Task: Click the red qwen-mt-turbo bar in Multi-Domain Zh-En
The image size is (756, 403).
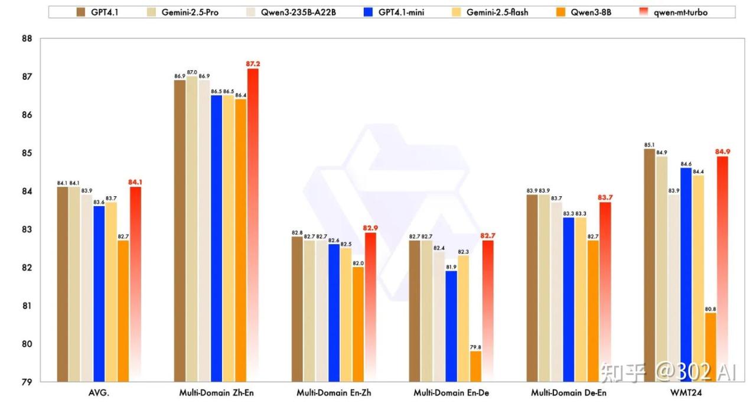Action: (253, 225)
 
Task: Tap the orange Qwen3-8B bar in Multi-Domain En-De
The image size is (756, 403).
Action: (475, 366)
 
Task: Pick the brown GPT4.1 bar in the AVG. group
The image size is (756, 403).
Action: (62, 284)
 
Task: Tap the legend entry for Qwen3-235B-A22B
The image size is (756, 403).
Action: (294, 12)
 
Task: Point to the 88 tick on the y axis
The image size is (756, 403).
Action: (26, 39)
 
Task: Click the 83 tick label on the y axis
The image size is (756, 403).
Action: (26, 229)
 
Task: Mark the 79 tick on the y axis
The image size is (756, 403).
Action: (26, 382)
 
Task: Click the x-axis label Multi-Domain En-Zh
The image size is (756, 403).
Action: (334, 393)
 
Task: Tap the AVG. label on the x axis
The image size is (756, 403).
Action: (98, 393)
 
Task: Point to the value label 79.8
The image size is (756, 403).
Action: (475, 347)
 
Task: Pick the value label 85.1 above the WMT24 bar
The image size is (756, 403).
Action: (649, 144)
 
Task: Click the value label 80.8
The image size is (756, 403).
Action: (710, 308)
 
